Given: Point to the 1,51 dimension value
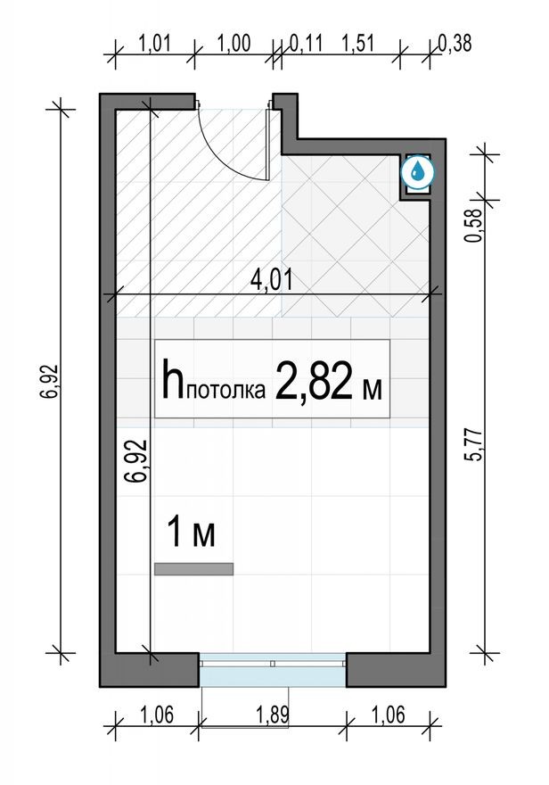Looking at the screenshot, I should (x=361, y=42).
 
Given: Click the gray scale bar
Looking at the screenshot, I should (x=193, y=568).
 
